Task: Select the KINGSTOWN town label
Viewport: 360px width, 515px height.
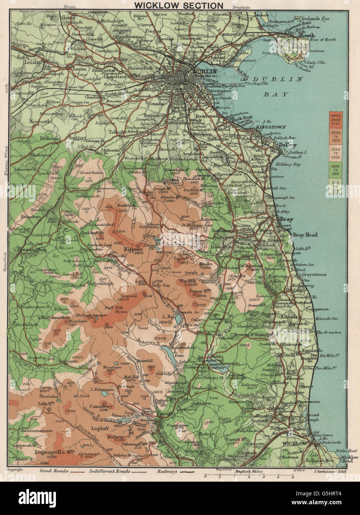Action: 265,127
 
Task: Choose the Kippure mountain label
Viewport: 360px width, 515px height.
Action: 134,249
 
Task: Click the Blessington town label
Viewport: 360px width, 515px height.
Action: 31,250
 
